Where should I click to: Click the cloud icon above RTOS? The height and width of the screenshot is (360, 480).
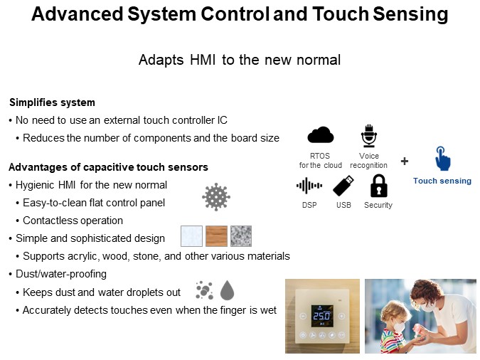click(x=320, y=135)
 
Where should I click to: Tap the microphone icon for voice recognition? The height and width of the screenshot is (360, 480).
click(x=368, y=135)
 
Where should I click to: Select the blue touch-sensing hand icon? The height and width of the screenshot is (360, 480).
click(x=442, y=159)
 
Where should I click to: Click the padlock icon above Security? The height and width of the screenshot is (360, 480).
click(x=378, y=186)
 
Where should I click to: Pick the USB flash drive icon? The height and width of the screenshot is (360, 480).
click(x=343, y=186)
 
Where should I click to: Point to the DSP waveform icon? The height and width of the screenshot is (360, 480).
click(x=309, y=186)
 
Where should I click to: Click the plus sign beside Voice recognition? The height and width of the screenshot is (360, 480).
click(x=405, y=161)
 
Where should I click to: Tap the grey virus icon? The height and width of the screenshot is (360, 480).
click(x=216, y=196)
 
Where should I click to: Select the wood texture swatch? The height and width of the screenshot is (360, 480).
click(x=216, y=236)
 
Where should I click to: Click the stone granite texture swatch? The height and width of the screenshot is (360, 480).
click(x=241, y=236)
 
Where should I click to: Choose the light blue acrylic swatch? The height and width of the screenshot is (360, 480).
click(x=191, y=236)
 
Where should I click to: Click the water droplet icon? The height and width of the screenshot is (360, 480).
click(x=227, y=290)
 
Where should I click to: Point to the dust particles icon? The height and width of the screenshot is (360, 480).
click(x=204, y=290)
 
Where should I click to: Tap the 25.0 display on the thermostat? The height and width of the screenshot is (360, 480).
click(x=322, y=315)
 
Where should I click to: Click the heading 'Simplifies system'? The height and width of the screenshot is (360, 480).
click(x=51, y=102)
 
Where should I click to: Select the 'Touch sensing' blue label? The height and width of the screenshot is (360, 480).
click(x=442, y=181)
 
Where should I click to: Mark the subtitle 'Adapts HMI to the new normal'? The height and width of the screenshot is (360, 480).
click(x=240, y=60)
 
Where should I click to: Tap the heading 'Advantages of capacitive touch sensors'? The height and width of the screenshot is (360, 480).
click(x=107, y=167)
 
